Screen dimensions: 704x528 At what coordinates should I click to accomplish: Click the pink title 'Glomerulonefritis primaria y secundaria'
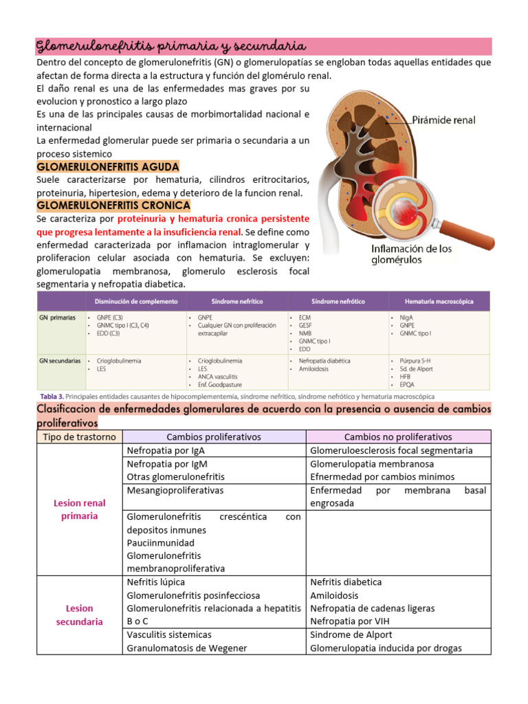point(170,46)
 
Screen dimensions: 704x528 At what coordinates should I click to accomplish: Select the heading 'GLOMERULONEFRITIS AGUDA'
point(108,166)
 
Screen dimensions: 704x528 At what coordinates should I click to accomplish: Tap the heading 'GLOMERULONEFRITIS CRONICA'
point(113,205)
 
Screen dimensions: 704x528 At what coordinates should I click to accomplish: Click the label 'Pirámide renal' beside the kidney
point(443,120)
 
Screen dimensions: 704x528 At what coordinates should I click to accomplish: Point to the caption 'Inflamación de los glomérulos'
point(412,254)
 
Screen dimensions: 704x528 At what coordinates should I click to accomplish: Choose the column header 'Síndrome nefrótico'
point(338,301)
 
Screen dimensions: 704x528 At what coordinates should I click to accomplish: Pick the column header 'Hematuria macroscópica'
point(439,301)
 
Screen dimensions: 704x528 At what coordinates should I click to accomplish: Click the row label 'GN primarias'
point(58,318)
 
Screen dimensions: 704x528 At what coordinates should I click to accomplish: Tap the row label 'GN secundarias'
point(60,360)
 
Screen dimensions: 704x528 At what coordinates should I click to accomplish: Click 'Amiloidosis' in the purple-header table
point(313,369)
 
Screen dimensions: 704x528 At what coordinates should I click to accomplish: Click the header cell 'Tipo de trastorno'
point(79,437)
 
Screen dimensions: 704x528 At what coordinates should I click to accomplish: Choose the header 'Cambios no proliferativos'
point(398,437)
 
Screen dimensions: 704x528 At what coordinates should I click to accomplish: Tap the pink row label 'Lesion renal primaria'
point(79,509)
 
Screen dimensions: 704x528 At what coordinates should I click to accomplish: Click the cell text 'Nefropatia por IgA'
point(166,450)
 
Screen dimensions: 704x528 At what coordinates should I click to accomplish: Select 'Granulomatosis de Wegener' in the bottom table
point(187,648)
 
